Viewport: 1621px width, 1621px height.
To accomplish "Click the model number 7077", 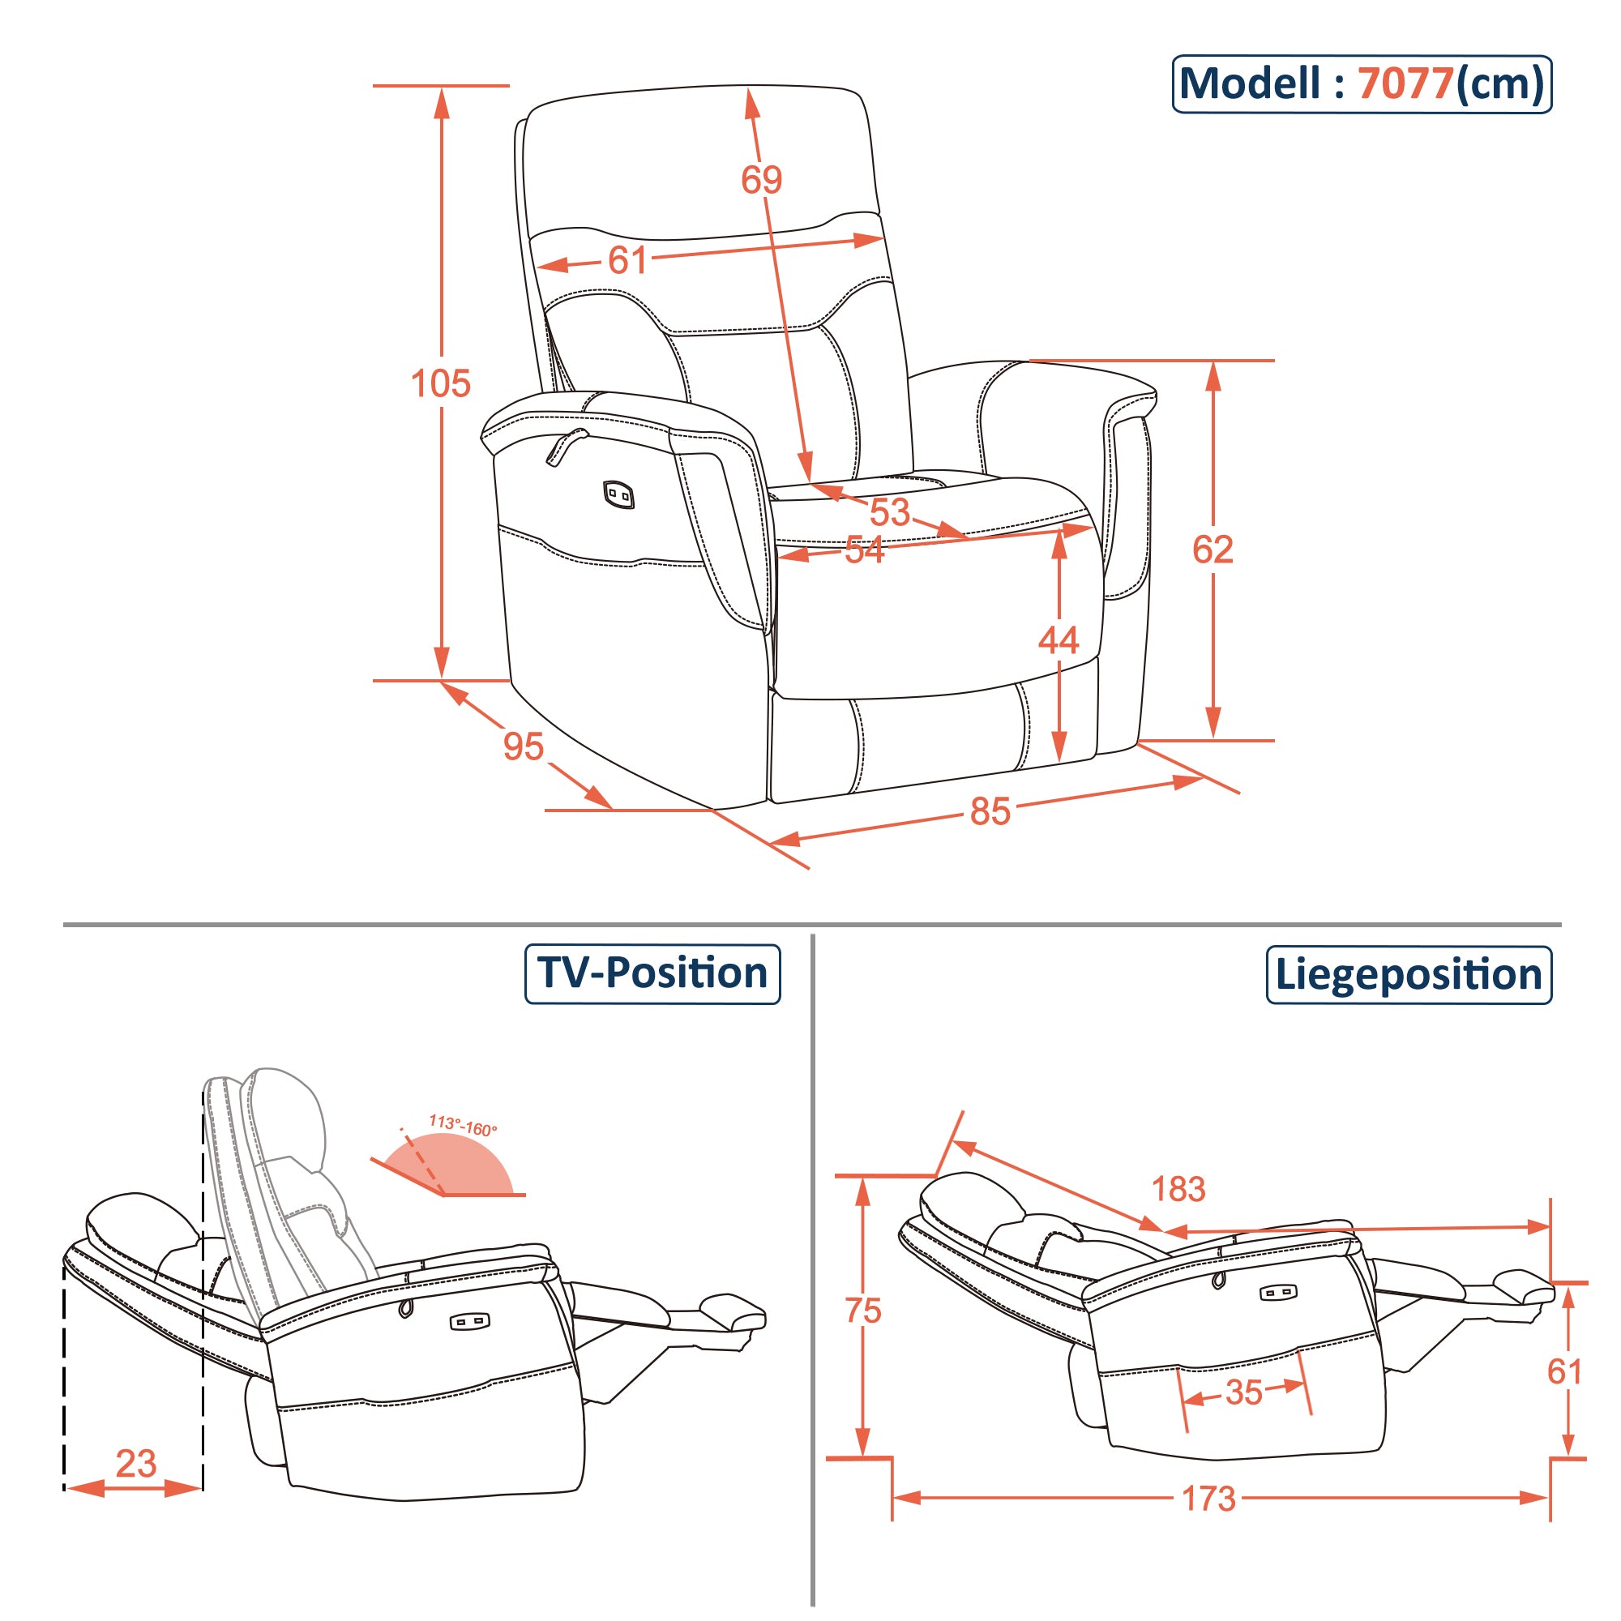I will coord(1405,84).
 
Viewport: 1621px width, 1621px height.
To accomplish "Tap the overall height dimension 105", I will coord(440,383).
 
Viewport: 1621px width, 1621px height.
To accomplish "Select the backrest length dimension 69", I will coord(761,180).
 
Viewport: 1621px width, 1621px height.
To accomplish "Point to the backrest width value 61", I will coord(627,260).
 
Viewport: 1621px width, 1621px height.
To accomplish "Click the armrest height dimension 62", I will coord(1213,550).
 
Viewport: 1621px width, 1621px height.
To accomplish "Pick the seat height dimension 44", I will coord(1058,640).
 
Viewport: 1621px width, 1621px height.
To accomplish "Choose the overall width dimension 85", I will coord(990,811).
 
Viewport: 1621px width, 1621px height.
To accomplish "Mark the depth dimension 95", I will coord(524,746).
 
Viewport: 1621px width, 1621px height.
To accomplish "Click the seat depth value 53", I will coord(889,511).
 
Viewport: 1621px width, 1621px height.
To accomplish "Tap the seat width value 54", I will coord(864,550).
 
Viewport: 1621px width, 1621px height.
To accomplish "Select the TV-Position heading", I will coord(652,973).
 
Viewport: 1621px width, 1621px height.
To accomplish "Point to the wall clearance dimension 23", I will coord(136,1464).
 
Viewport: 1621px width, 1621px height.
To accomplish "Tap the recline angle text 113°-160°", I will coord(462,1125).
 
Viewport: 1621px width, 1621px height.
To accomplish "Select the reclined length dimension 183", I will coord(1178,1189).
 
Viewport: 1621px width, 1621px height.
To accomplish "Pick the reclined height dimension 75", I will coord(863,1311).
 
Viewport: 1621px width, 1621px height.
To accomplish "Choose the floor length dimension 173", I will coord(1208,1499).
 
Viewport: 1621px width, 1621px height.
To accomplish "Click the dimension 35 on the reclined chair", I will coord(1243,1392).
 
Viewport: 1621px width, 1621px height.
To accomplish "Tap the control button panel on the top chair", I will coord(618,495).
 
